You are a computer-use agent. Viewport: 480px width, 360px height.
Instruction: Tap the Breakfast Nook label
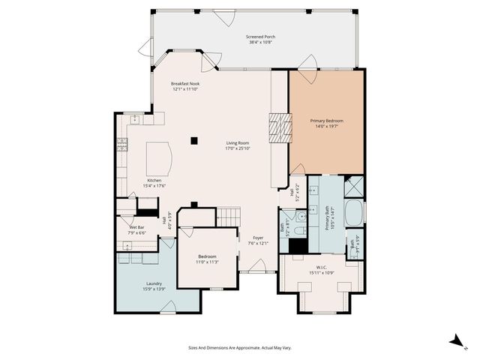[184, 85]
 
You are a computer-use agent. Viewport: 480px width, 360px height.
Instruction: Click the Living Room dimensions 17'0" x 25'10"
[238, 148]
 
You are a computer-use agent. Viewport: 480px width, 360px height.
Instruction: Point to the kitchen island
[159, 157]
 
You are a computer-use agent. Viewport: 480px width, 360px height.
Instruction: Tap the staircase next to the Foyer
[228, 217]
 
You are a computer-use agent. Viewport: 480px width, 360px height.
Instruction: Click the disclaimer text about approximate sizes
[240, 347]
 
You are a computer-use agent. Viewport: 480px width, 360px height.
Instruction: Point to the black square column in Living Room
[194, 139]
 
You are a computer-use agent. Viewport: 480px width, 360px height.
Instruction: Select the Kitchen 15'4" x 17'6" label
[155, 183]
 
